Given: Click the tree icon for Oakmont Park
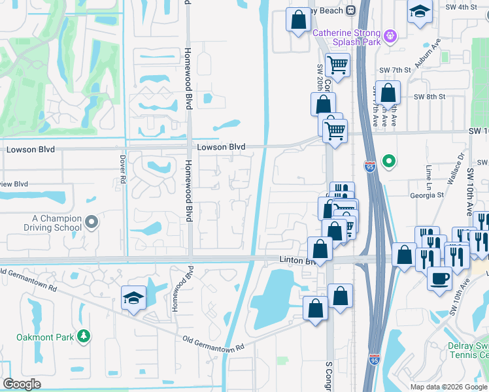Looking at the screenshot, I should [83, 336].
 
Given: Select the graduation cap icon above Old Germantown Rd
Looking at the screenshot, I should [133, 298].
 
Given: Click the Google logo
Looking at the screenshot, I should [22, 384].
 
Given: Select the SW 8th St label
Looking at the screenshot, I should [429, 96].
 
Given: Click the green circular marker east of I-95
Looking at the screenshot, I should [389, 160].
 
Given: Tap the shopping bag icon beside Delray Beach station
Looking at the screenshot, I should [299, 19].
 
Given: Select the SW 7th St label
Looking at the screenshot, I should [394, 69].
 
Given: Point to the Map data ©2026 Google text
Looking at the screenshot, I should [448, 386].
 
